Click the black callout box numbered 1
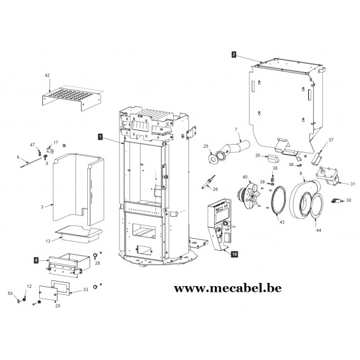click(x=100, y=136)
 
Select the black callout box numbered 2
click(x=234, y=54)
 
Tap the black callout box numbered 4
click(x=36, y=260)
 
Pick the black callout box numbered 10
click(x=234, y=254)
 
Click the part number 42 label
click(x=47, y=75)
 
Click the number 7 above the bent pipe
click(x=236, y=129)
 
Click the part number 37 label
click(x=331, y=140)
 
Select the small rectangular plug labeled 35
click(x=272, y=159)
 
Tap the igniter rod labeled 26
click(x=208, y=182)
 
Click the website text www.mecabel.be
click(x=227, y=289)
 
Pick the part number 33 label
click(x=85, y=289)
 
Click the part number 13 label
click(x=48, y=241)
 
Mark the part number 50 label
click(x=10, y=294)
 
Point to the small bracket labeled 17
click(x=50, y=150)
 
